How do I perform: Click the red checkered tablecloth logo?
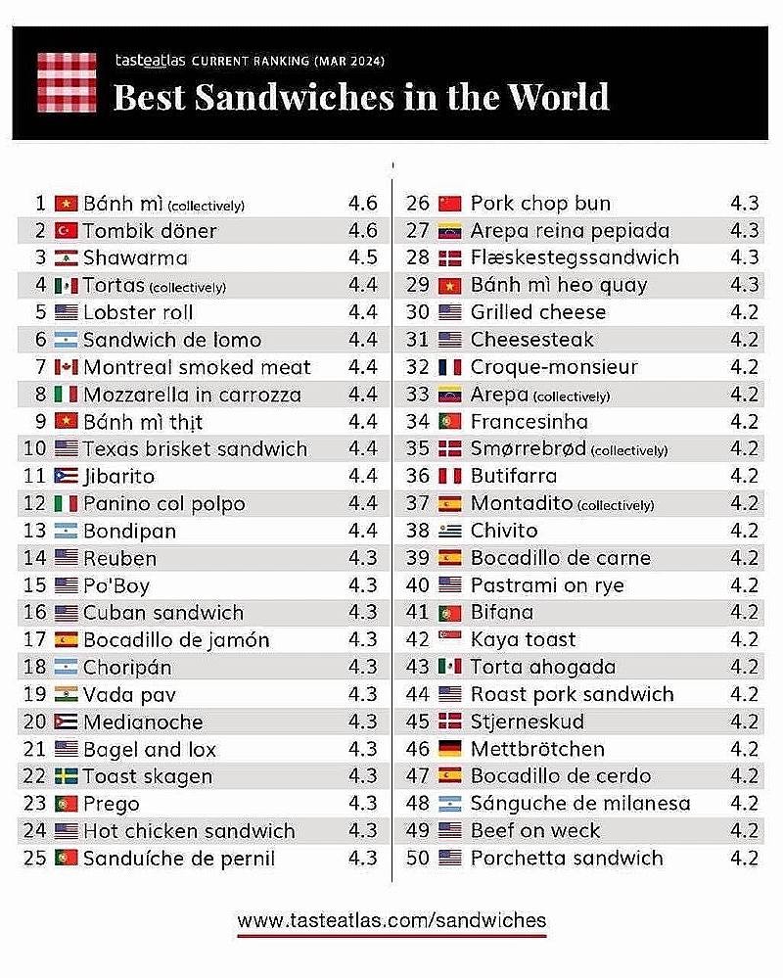click(67, 82)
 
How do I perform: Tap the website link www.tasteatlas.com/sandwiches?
click(391, 920)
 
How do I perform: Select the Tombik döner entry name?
click(150, 231)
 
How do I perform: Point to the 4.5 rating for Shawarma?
click(362, 258)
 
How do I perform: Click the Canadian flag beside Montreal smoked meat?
click(67, 368)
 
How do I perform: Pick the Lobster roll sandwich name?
click(138, 313)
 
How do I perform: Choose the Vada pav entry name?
click(129, 695)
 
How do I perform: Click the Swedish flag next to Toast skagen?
click(67, 777)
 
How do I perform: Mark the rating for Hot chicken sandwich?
click(362, 831)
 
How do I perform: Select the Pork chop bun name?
click(540, 204)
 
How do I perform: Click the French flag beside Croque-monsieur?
click(449, 368)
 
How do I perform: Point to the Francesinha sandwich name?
click(529, 422)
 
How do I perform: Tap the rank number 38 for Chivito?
click(419, 531)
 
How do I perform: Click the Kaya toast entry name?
click(523, 640)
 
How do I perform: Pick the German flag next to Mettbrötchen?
click(449, 750)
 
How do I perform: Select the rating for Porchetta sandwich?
click(744, 859)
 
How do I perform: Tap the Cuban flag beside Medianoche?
click(67, 722)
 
